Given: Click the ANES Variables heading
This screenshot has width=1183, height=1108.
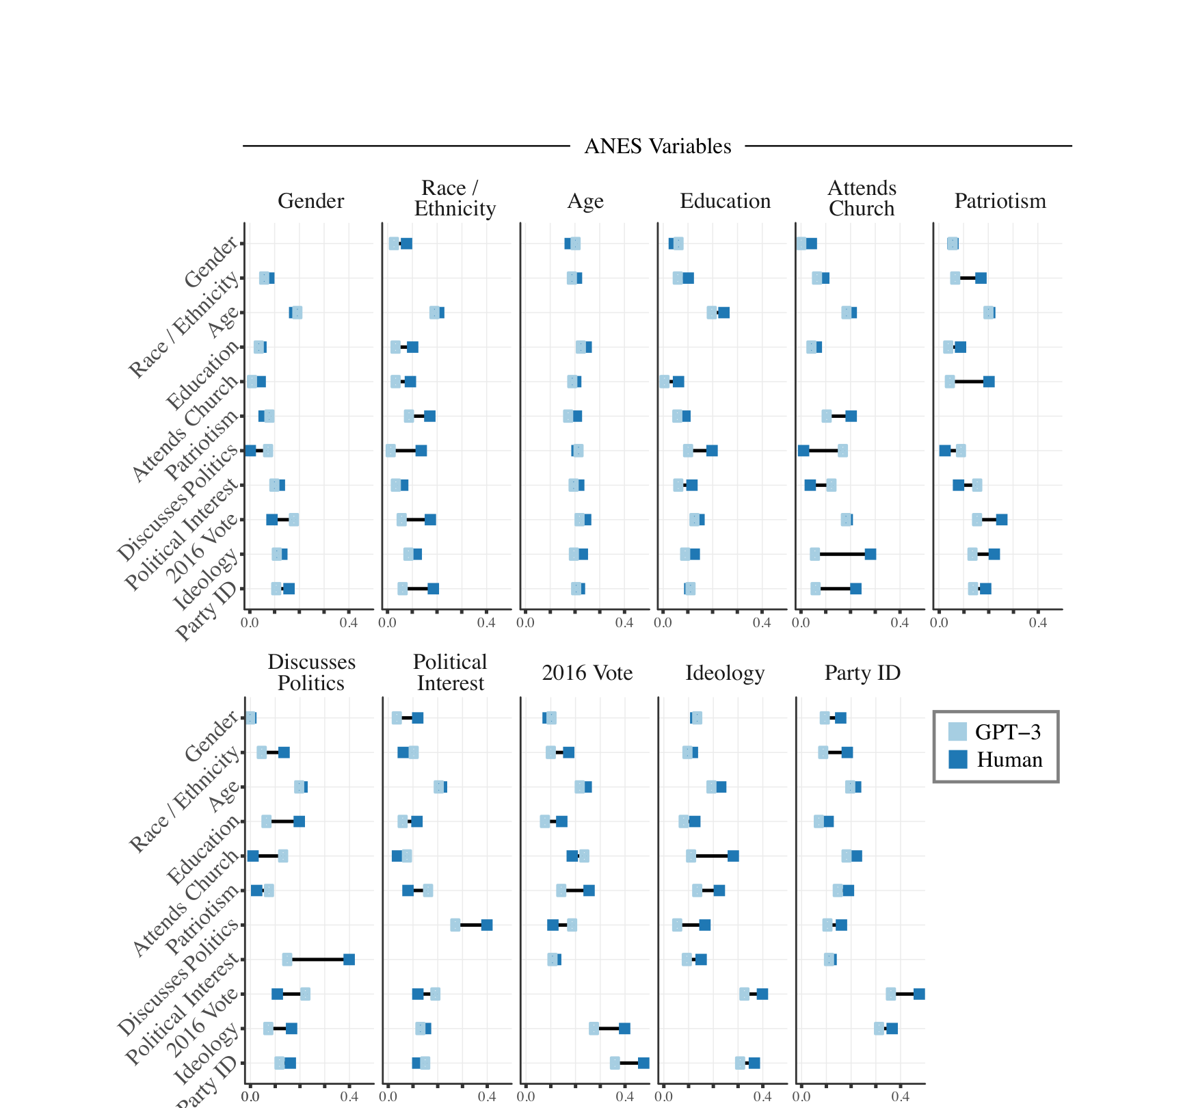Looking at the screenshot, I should [x=657, y=146].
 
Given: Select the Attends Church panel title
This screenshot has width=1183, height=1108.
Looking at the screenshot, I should [x=862, y=198].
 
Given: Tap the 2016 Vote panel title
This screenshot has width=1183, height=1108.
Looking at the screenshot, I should [x=587, y=673].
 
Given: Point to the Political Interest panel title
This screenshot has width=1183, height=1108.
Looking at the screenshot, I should [x=450, y=672].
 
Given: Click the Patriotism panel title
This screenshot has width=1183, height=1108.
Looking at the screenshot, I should [x=1000, y=201].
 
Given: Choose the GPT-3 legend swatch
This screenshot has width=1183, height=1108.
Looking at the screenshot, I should [x=957, y=732].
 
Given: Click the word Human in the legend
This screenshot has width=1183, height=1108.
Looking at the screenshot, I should [x=1009, y=760].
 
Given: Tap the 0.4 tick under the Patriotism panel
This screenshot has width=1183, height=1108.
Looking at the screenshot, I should [x=1037, y=622].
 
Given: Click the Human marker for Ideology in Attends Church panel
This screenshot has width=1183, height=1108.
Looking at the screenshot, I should [x=870, y=554].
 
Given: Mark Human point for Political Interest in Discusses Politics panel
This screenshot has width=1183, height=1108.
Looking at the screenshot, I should [x=349, y=960].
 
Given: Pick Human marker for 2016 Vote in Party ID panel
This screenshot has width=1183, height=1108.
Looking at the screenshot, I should [x=919, y=994].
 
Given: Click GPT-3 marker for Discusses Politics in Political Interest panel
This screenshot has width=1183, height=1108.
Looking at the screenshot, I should [x=455, y=925].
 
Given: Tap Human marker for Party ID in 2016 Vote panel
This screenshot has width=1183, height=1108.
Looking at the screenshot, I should [x=643, y=1063].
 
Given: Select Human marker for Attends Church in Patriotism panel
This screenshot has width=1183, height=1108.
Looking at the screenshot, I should [x=989, y=382].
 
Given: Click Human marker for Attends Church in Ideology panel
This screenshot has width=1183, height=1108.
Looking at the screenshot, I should [x=733, y=856].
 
